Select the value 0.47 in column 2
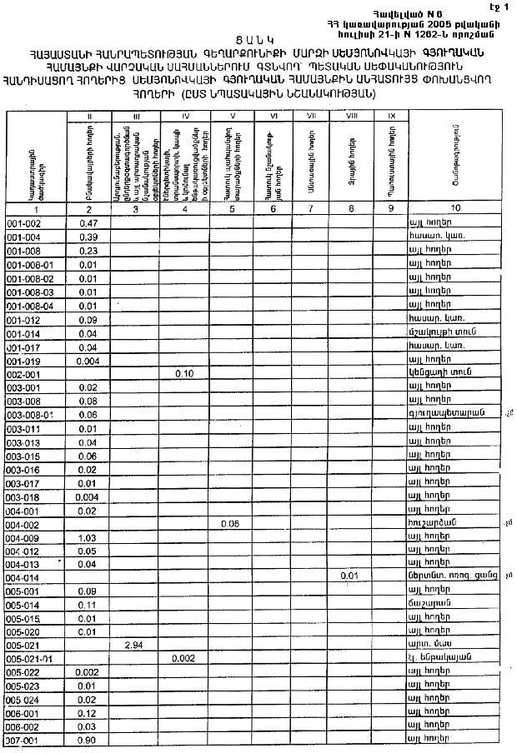(x=88, y=223)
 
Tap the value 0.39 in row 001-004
(x=88, y=237)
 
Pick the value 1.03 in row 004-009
(x=88, y=537)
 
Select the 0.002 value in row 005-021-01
(x=185, y=658)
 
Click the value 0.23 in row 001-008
(x=88, y=251)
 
